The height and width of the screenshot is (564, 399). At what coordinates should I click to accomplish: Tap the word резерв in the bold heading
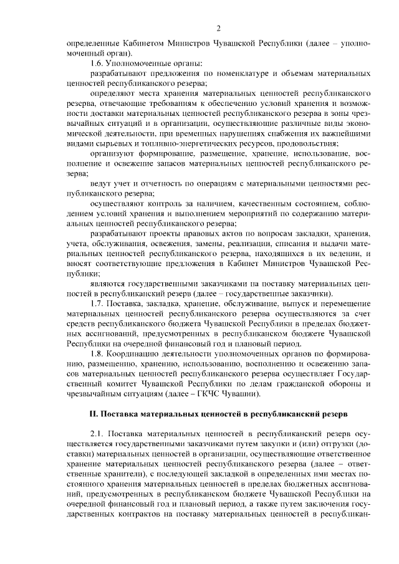coord(342,413)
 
